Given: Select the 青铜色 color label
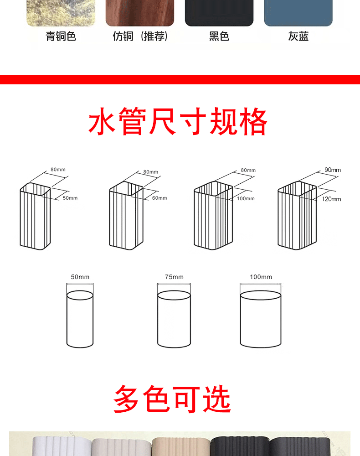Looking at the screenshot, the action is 61,36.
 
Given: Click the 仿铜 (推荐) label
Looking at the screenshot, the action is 140,36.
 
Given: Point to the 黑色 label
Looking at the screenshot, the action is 219,36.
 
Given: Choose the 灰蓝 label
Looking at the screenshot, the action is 298,36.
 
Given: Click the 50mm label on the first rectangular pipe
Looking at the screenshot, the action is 70,198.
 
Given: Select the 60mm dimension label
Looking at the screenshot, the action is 159,198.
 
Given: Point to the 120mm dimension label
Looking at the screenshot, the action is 331,199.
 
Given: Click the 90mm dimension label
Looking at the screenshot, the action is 332,170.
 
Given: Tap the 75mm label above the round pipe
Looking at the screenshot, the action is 174,277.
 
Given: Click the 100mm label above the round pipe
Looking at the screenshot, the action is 261,277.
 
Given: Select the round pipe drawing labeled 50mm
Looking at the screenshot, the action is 80,319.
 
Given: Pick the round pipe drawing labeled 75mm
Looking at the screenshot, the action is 174,319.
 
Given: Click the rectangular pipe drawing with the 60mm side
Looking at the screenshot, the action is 126,217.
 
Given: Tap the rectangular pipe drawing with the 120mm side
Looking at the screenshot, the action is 296,217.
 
